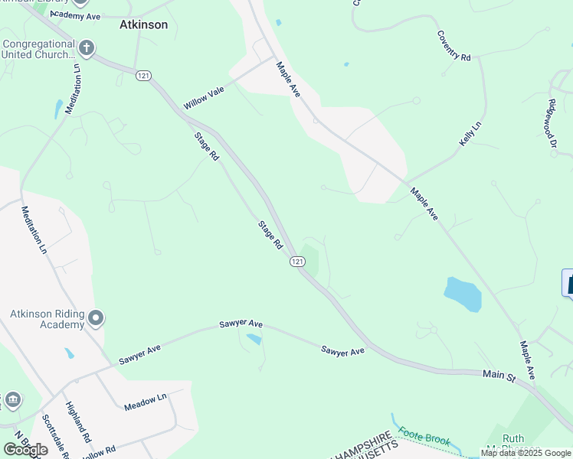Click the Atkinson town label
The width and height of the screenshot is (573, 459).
coord(143,24)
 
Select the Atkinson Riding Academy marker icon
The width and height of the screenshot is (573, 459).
coord(96,317)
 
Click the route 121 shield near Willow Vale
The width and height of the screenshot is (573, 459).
coord(142,75)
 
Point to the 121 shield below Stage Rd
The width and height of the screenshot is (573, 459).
coord(298,262)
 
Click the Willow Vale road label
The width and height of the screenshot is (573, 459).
coord(204,98)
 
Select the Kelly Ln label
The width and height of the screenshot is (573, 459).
coord(470,135)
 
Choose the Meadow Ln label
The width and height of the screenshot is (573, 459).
coord(146,403)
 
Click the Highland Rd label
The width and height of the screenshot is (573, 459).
coord(78,422)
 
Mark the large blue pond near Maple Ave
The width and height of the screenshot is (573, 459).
coord(463,294)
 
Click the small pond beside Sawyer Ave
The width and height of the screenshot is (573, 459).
coord(254,339)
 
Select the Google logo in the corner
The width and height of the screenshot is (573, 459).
coord(25,450)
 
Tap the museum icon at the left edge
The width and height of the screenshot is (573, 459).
coord(12,400)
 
